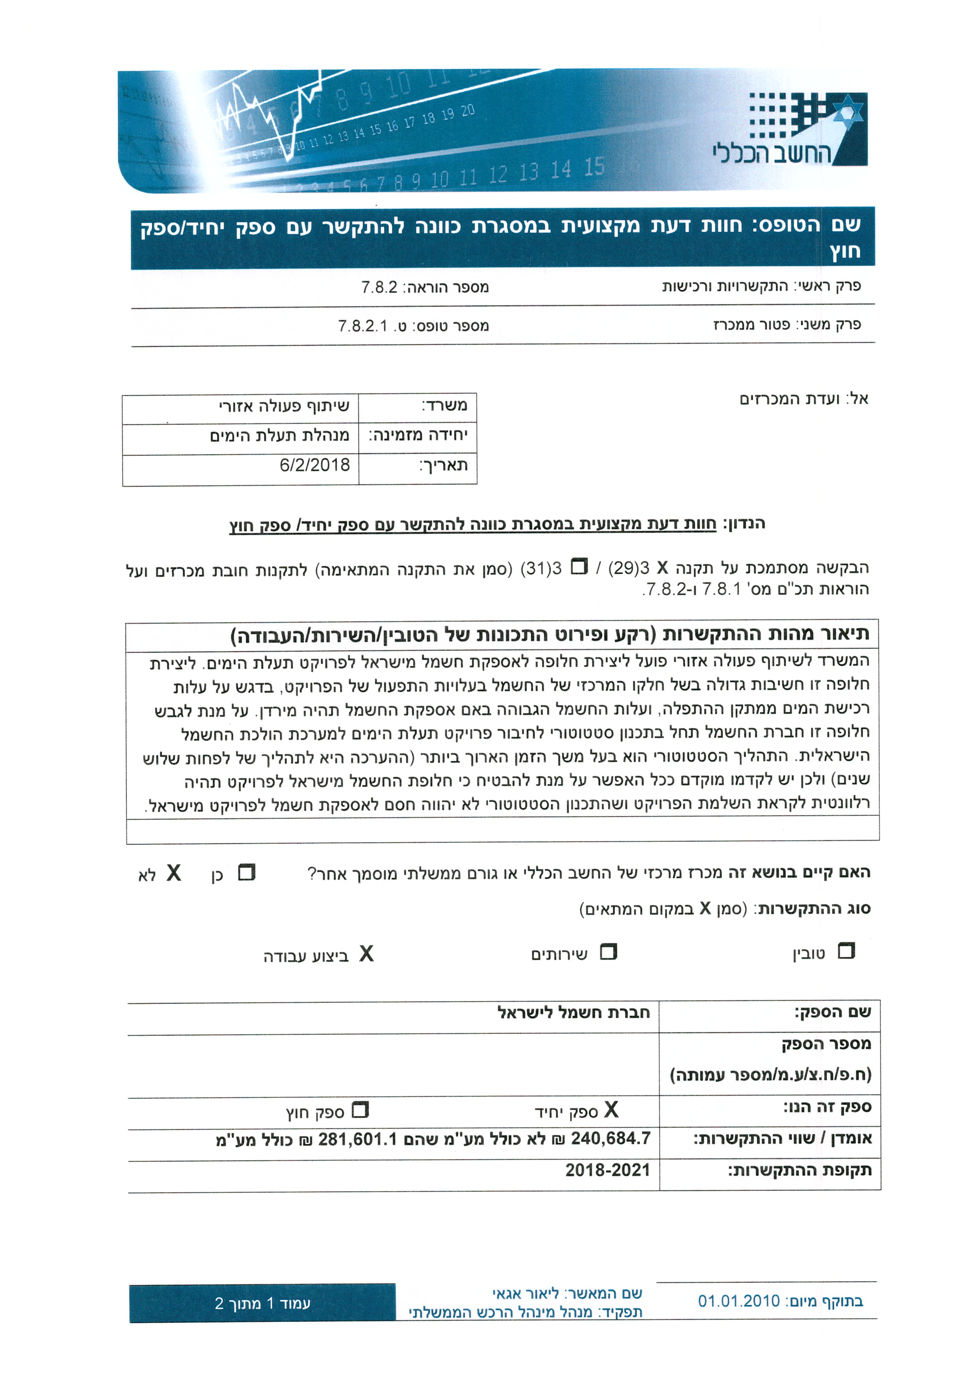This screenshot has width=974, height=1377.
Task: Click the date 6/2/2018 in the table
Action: [314, 465]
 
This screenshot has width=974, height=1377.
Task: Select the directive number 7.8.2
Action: [379, 287]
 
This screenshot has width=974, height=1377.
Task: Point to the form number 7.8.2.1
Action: [363, 326]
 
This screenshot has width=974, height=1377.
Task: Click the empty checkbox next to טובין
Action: [846, 951]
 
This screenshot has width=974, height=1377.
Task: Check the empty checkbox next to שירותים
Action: [608, 952]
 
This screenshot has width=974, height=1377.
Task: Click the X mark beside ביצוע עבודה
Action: [366, 954]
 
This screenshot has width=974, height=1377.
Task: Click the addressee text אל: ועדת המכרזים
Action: [804, 399]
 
